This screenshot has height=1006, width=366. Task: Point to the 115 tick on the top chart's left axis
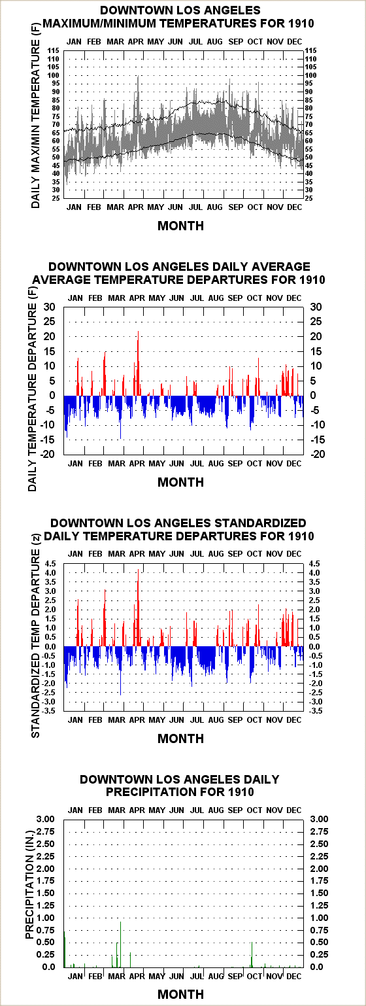(54, 51)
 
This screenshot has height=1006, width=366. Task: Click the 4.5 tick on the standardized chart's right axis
(314, 564)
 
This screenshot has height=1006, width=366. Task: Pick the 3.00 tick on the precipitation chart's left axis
(45, 819)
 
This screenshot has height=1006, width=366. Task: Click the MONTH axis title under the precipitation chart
(181, 994)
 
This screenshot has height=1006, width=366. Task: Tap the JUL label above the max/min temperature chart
(195, 42)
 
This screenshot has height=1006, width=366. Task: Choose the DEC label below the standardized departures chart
(294, 720)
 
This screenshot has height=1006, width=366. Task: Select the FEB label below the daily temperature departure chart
(95, 464)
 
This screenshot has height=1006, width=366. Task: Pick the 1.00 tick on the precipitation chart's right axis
(320, 918)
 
